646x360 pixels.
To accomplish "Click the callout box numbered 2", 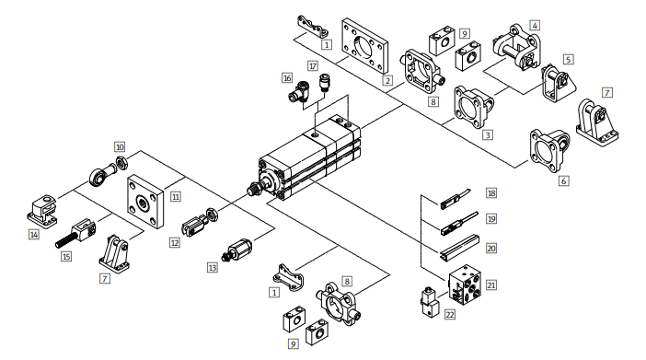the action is click(387, 80).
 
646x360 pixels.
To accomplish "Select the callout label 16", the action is click(287, 77).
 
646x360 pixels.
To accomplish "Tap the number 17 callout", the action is click(313, 66).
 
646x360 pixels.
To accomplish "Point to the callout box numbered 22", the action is click(450, 315).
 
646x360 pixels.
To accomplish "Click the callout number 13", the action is click(213, 268).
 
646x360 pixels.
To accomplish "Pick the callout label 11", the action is click(176, 197).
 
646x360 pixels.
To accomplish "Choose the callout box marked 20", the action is click(491, 249).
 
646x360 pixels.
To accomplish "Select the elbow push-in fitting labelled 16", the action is click(298, 92).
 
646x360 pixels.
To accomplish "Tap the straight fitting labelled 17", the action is click(326, 83).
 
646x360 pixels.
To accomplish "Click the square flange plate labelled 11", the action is click(145, 201).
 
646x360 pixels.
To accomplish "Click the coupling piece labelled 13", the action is click(238, 250).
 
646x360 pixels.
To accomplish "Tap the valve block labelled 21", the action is click(465, 285).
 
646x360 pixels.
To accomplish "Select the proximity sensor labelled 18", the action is click(455, 198).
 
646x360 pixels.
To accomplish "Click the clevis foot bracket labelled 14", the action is click(42, 211).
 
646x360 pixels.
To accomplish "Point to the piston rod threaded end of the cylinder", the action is click(252, 190).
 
